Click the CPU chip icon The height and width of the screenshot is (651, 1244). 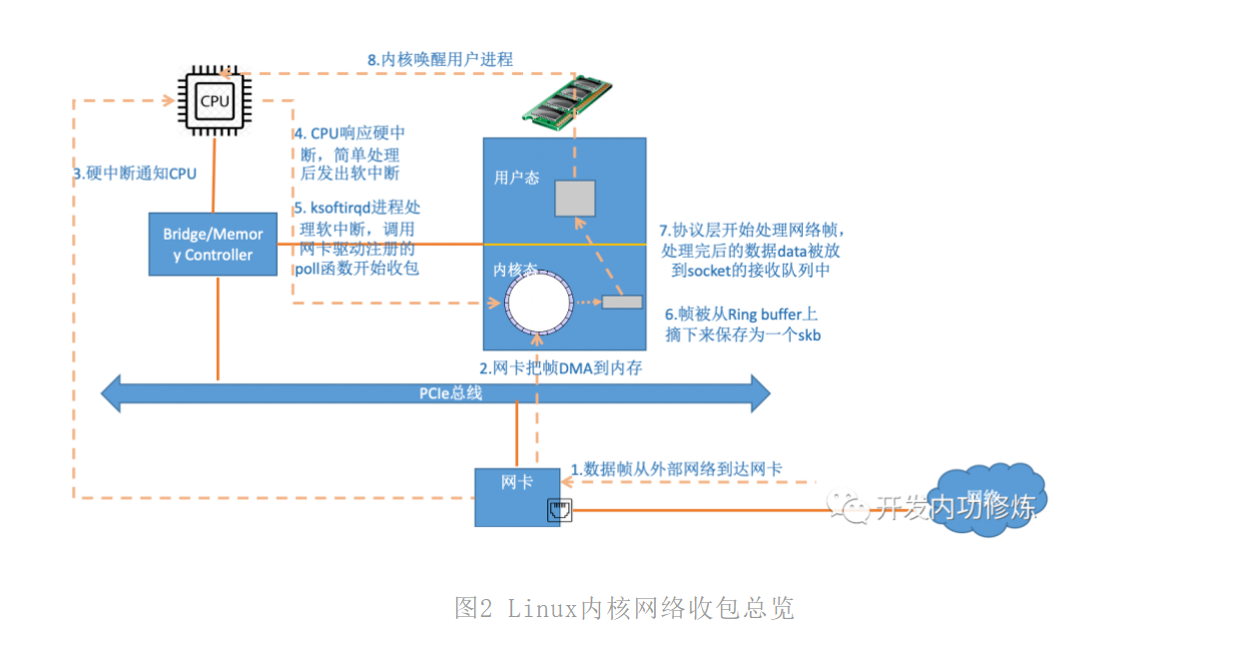pyautogui.click(x=214, y=101)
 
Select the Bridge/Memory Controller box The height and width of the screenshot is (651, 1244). pyautogui.click(x=214, y=245)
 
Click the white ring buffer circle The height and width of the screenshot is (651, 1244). pyautogui.click(x=539, y=301)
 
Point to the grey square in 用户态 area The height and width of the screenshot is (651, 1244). pyautogui.click(x=575, y=198)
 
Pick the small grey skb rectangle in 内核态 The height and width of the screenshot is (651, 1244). pyautogui.click(x=622, y=302)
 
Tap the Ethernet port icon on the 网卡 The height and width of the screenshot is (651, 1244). pyautogui.click(x=558, y=511)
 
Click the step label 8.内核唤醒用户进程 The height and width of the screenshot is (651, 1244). pyautogui.click(x=439, y=60)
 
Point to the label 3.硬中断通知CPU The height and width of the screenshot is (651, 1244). pyautogui.click(x=135, y=174)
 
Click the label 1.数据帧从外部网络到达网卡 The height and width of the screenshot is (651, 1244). pyautogui.click(x=676, y=468)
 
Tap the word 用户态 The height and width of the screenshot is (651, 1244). pyautogui.click(x=517, y=178)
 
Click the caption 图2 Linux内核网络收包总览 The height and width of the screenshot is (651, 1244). pyautogui.click(x=624, y=608)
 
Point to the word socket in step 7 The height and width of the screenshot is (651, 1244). pyautogui.click(x=710, y=271)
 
